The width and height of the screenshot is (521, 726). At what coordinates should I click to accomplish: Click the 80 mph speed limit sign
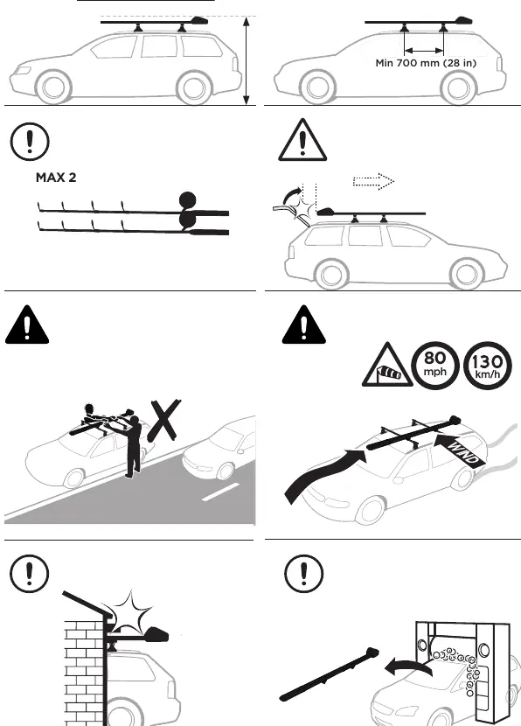(x=435, y=365)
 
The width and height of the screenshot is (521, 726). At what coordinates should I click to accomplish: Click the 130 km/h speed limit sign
(x=487, y=365)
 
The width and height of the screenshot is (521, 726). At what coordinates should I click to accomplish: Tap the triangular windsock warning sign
(x=387, y=366)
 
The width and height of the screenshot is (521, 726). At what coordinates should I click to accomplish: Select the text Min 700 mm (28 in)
(x=426, y=63)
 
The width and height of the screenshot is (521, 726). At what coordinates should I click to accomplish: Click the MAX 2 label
(x=56, y=178)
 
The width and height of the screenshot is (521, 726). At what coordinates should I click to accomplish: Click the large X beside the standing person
(x=164, y=421)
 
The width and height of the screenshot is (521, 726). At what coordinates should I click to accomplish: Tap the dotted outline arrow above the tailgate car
(x=373, y=181)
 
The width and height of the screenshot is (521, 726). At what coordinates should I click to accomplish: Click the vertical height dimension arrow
(x=247, y=60)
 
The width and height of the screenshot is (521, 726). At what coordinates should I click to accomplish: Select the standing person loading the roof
(x=134, y=447)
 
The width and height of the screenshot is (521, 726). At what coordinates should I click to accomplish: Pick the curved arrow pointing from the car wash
(x=407, y=667)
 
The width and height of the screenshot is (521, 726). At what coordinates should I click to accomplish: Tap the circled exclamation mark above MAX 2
(x=30, y=141)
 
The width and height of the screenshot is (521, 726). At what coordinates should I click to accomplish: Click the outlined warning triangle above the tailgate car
(x=302, y=140)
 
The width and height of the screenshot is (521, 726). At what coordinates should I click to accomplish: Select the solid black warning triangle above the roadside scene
(x=27, y=325)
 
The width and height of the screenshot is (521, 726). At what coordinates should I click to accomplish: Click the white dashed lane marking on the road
(x=221, y=492)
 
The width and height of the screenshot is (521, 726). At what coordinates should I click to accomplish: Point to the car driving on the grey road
(x=219, y=449)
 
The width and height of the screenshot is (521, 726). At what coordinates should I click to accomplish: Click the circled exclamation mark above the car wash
(x=303, y=573)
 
